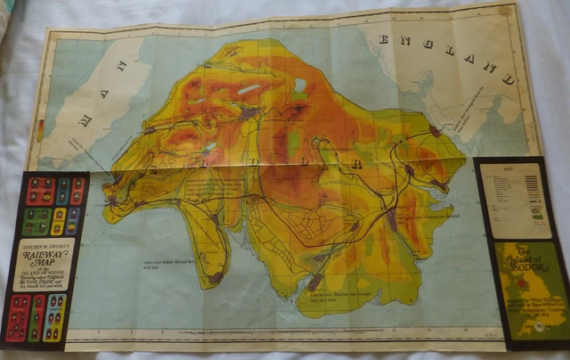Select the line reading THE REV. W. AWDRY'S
pyautogui.click(x=49, y=246)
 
